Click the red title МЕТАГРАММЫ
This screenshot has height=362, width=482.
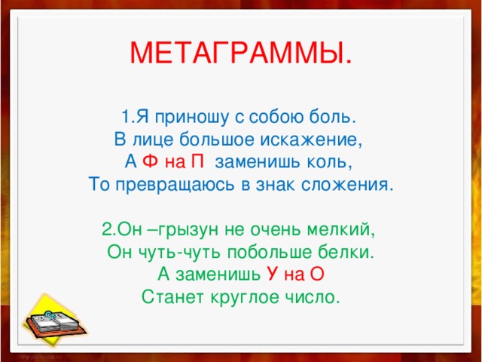click(240, 52)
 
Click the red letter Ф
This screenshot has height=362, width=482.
click(150, 162)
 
